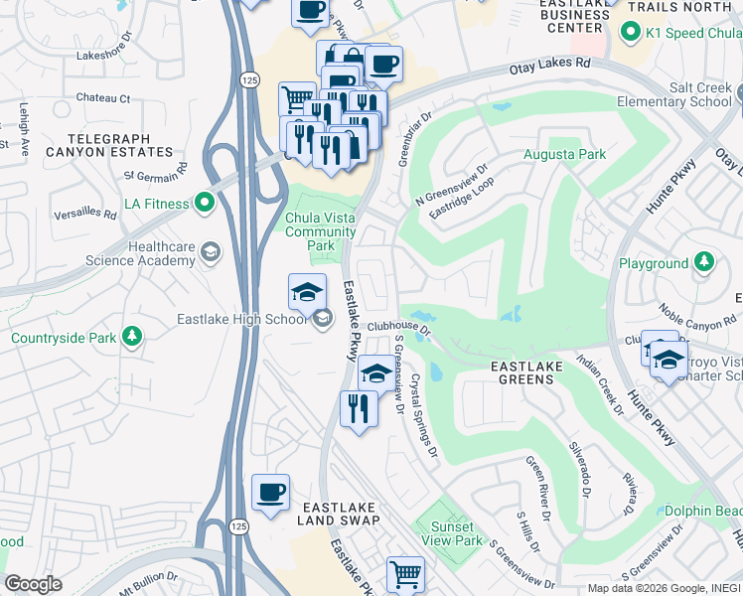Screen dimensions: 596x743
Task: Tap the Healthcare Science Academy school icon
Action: [210, 252]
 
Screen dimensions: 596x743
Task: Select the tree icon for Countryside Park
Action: [131, 338]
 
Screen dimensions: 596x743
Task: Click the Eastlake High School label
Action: [242, 319]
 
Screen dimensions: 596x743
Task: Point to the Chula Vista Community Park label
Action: [320, 231]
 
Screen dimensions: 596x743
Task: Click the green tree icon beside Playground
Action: [703, 263]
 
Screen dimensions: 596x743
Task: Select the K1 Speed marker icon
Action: [629, 33]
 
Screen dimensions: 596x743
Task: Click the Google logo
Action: [34, 584]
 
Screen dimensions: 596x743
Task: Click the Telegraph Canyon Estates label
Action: [122, 145]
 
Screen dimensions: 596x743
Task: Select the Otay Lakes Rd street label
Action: [549, 66]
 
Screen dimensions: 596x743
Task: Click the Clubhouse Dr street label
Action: [398, 327]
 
